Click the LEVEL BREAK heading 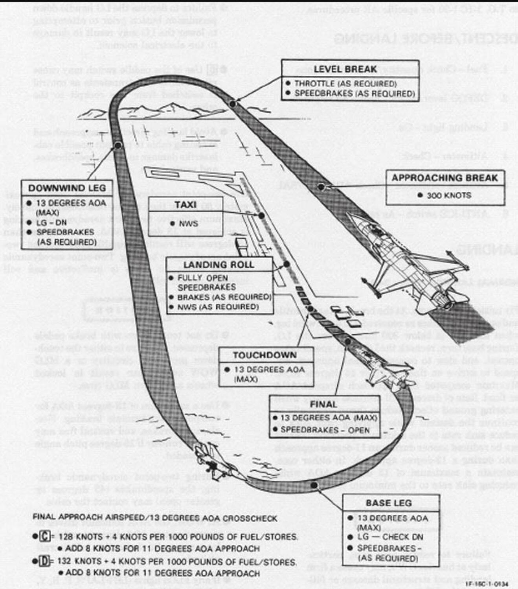[345, 69]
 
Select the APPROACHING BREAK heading [445, 178]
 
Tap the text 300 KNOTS [448, 195]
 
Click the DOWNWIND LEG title [67, 188]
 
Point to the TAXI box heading [186, 205]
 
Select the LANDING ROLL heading [219, 265]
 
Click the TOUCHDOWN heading [265, 355]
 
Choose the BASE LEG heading [389, 503]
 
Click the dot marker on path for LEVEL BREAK [233, 104]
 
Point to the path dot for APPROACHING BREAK [321, 187]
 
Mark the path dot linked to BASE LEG [314, 485]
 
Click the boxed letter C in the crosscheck [44, 536]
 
